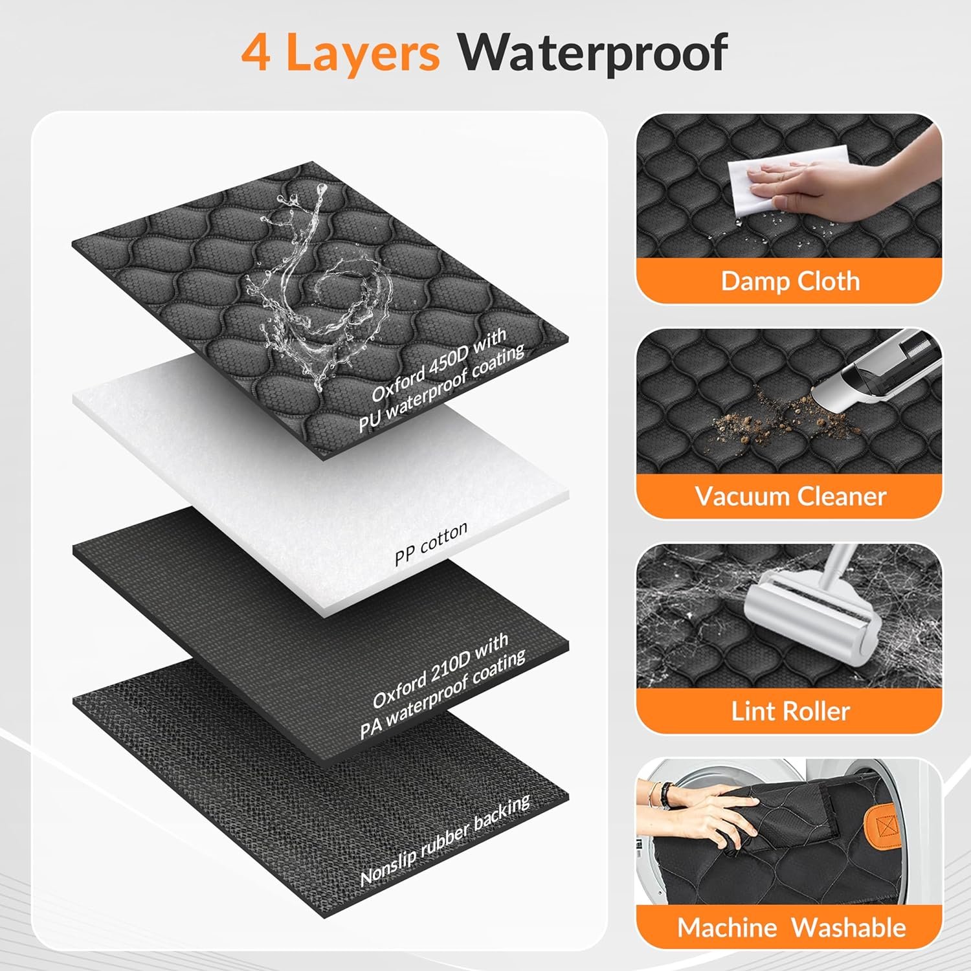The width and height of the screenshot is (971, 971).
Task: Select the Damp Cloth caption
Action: point(790,282)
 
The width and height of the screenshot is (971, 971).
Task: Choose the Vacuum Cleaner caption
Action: point(790,497)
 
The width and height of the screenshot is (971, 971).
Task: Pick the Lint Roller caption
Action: point(790,711)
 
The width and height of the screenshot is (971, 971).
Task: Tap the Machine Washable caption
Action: point(791,928)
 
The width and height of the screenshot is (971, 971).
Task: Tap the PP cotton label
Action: point(431,544)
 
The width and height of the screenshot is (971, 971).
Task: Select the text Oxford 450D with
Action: point(439,364)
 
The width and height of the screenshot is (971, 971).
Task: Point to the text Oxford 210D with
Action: point(441,669)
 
